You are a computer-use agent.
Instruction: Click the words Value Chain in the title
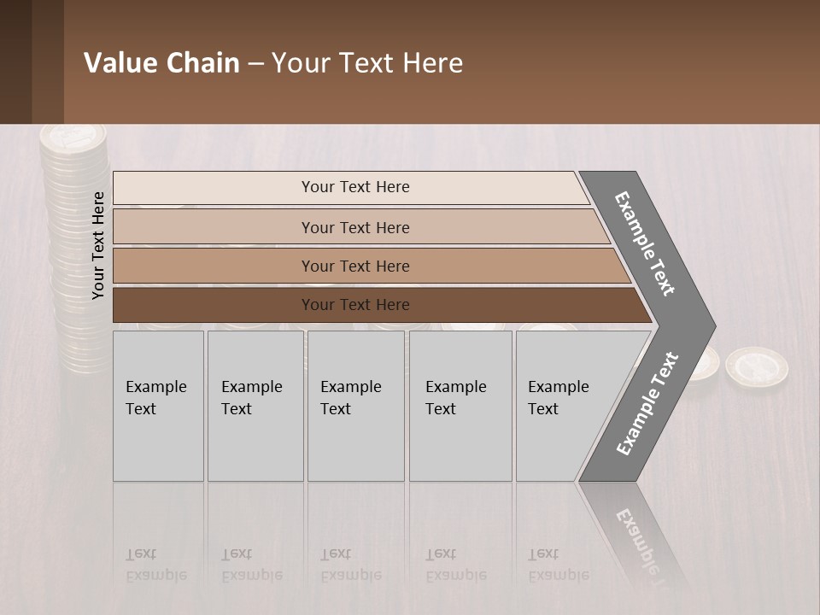(161, 63)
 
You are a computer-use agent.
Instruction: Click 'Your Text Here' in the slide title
(367, 63)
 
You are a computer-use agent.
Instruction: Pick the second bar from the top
(355, 227)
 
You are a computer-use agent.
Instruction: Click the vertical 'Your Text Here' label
(98, 245)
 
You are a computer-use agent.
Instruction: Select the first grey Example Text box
(158, 406)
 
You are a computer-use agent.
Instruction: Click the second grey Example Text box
(255, 406)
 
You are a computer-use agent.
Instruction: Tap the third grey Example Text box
(355, 406)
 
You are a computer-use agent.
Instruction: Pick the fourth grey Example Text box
(460, 406)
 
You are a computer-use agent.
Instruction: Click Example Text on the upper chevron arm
(645, 243)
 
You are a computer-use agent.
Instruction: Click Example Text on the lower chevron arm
(647, 403)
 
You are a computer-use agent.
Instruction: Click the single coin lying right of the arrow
(756, 366)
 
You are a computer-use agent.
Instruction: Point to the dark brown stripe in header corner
(16, 61)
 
